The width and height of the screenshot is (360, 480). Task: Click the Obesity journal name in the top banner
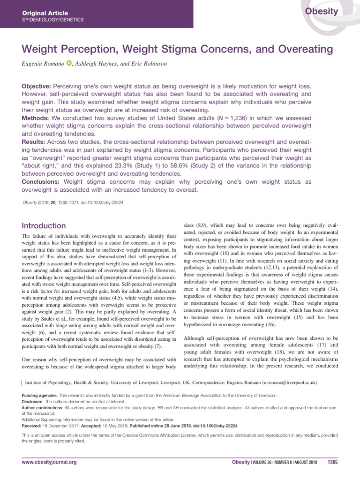(x=322, y=12)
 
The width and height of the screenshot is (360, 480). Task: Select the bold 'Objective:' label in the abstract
(x=37, y=87)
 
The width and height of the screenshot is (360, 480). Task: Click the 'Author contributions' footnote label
(x=44, y=408)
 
